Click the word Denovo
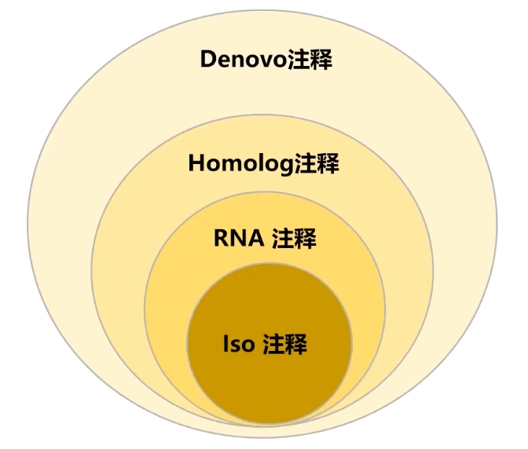(246, 60)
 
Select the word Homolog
(240, 165)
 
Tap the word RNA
(238, 239)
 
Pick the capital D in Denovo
(209, 60)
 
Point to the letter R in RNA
(221, 239)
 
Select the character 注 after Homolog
(305, 165)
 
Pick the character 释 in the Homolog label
(327, 165)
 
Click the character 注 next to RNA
(284, 239)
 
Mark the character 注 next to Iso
(274, 345)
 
